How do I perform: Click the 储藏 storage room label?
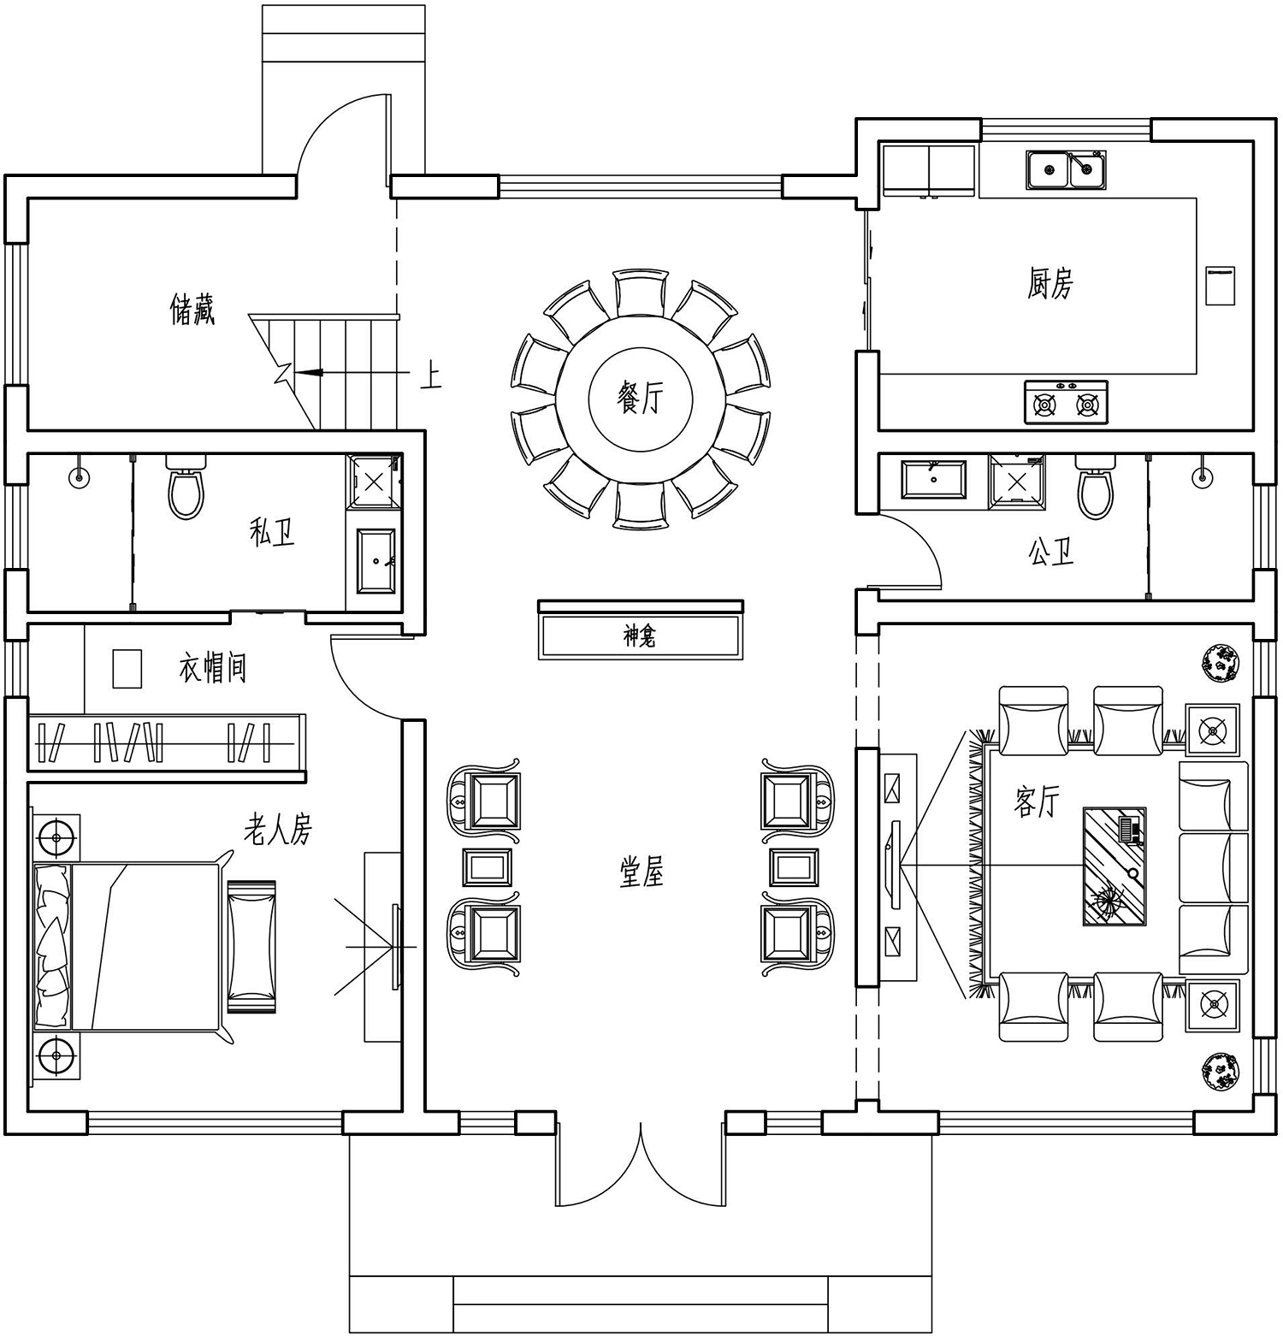click(x=192, y=309)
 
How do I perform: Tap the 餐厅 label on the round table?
click(x=640, y=397)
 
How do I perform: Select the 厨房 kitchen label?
click(x=1049, y=283)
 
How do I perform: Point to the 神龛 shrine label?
click(x=640, y=636)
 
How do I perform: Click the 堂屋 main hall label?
click(x=641, y=872)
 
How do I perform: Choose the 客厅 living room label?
click(x=1037, y=801)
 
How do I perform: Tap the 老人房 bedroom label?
click(x=278, y=829)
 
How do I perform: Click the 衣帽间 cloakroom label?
click(x=213, y=667)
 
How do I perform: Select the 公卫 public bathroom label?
click(x=1051, y=552)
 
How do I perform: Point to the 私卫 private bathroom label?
click(x=272, y=533)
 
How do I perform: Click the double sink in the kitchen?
click(x=1066, y=169)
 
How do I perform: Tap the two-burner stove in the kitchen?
click(x=1066, y=403)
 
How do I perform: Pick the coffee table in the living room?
click(x=1114, y=866)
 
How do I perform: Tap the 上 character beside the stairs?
click(x=430, y=375)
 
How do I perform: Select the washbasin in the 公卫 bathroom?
click(x=933, y=479)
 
